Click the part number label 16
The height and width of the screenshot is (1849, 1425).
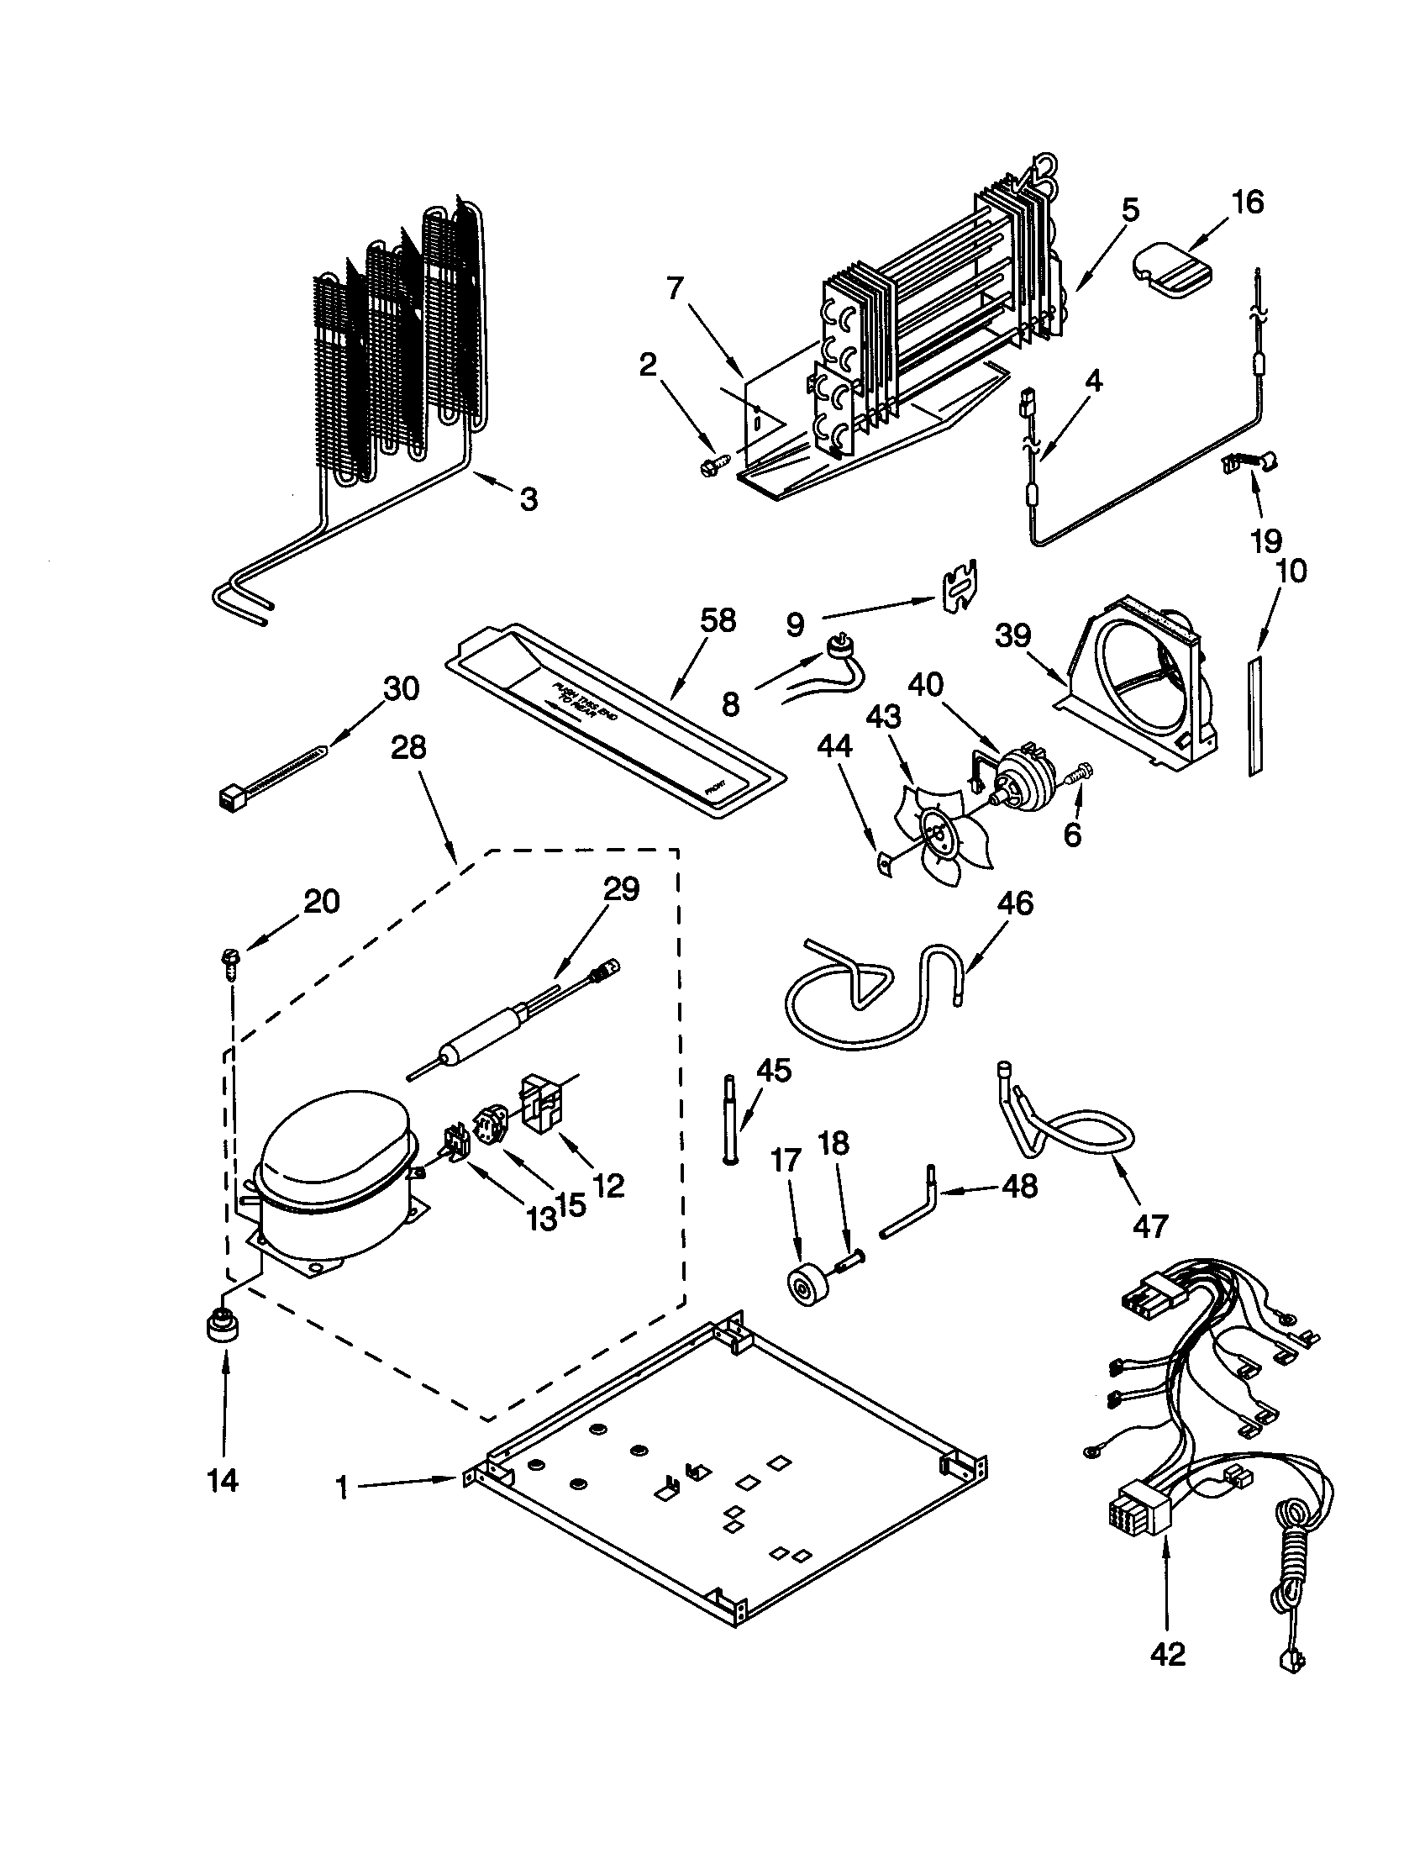pos(1249,203)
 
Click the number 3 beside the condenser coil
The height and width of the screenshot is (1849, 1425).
pos(528,499)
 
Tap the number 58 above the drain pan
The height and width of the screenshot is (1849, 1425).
pos(718,621)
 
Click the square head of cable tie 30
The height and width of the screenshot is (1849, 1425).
pos(229,796)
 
